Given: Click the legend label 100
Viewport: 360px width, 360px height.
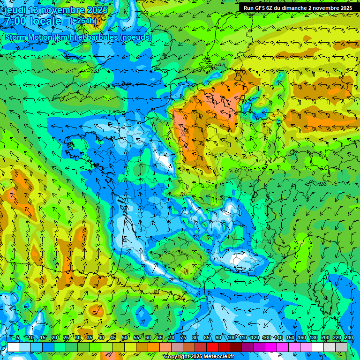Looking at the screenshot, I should [x=231, y=337].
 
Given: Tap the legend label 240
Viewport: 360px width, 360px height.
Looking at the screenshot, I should [x=348, y=337].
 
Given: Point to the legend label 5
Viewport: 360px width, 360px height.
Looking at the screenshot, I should [x=18, y=337].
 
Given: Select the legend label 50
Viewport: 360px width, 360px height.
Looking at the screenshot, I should [x=125, y=337].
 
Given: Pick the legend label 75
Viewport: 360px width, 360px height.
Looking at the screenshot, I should [x=184, y=337].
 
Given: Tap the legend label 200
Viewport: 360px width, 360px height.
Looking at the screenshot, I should [x=325, y=337].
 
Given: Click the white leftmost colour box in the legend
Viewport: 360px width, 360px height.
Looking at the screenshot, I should [x=13, y=347].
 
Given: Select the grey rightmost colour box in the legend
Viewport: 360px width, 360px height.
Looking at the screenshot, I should [x=341, y=347].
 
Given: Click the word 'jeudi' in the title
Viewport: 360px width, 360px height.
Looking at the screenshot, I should [x=13, y=10].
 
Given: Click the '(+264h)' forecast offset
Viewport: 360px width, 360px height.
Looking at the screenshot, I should [x=83, y=21].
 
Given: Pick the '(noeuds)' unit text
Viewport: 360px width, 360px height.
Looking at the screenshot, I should [x=136, y=37].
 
